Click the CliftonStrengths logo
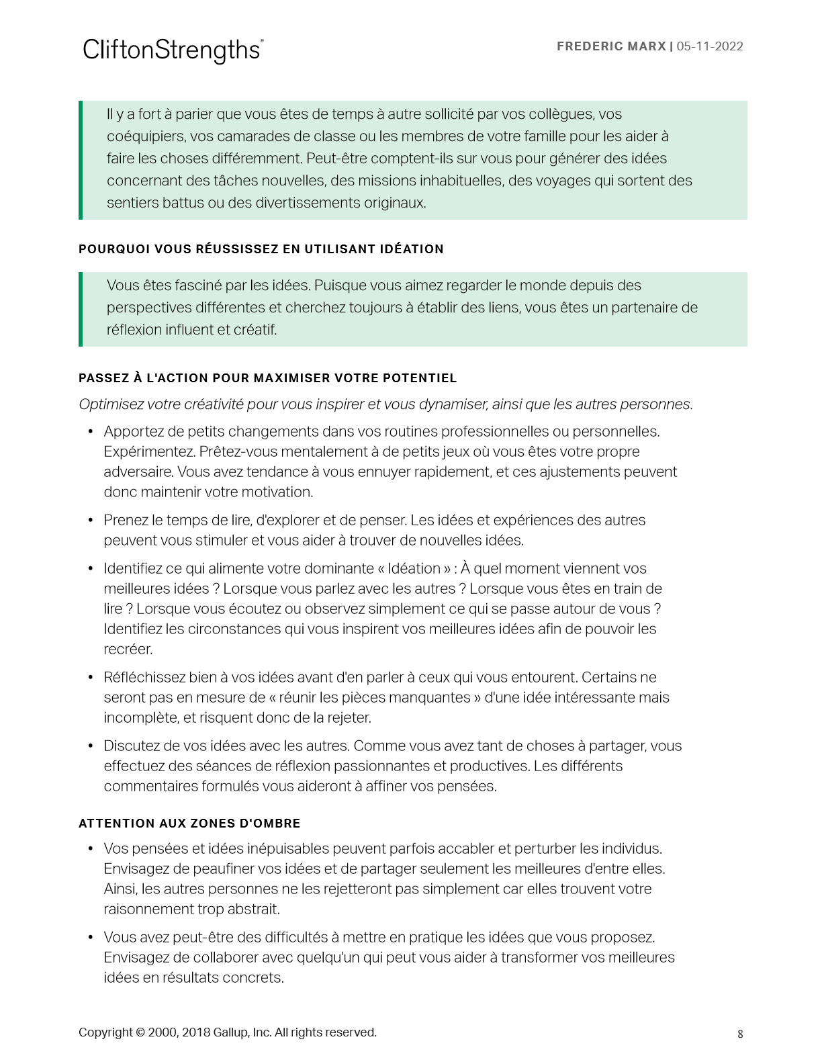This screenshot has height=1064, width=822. coord(173,50)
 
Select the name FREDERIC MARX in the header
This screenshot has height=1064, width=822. coord(611,46)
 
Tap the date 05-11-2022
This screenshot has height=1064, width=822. coord(710,46)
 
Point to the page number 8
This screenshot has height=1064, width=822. coord(740,1034)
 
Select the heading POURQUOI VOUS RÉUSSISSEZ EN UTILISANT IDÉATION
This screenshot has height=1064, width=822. coord(261,249)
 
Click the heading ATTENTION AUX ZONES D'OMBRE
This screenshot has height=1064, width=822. coord(189,824)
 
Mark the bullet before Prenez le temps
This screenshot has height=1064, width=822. coord(91,521)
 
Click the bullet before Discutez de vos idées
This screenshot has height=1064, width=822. coord(91,746)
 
